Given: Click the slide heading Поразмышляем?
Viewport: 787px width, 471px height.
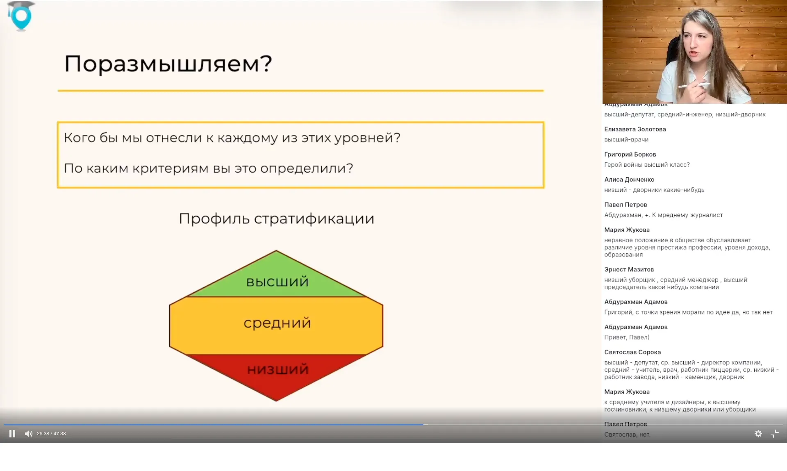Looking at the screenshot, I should coord(168,64).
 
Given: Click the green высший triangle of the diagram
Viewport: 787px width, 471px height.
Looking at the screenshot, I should coord(277,279).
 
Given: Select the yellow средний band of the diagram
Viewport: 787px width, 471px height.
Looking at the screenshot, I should coord(277,324).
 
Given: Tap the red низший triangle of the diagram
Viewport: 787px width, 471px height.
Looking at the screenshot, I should coord(277,373).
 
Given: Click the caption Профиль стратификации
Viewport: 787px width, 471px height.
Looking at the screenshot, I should coord(277,218).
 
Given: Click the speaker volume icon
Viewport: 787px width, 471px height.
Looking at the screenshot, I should coord(28,434).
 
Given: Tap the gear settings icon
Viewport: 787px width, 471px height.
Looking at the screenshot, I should coord(758,434).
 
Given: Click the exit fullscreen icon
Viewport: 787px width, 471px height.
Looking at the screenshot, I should coord(774,434).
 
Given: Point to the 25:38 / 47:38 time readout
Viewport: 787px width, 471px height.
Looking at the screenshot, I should coord(51,434).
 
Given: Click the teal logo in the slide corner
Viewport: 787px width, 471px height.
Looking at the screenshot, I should coord(21,16).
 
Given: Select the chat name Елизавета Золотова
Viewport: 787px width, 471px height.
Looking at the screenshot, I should coord(635,129).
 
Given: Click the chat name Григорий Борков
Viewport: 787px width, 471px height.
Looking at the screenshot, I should coord(630,154).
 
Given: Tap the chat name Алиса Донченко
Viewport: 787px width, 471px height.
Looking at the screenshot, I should coord(629,180).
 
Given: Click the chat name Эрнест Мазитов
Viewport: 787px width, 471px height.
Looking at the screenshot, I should coord(629,269).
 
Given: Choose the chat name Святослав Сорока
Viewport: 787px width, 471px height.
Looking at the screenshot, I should coord(632,352).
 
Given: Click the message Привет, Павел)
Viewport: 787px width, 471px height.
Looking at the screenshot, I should coord(627,337).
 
